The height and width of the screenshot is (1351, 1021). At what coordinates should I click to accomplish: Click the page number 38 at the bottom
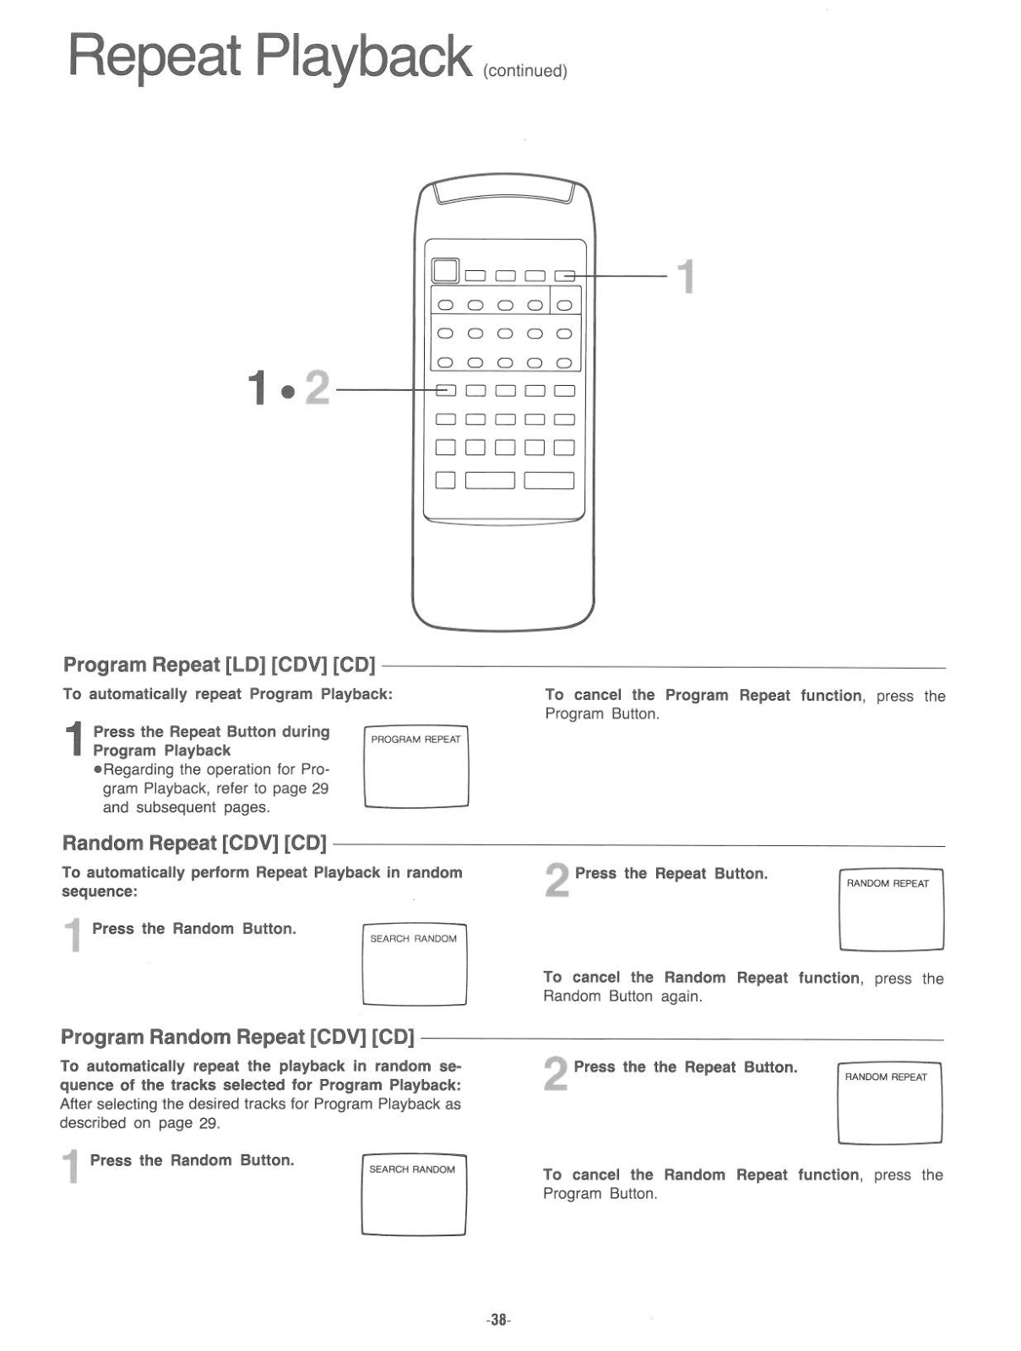pyautogui.click(x=498, y=1320)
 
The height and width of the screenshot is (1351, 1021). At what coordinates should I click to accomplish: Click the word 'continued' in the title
pyautogui.click(x=524, y=71)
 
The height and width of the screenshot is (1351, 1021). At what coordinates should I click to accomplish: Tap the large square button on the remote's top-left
pyautogui.click(x=445, y=270)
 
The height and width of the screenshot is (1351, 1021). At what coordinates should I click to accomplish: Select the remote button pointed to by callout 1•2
pyautogui.click(x=446, y=390)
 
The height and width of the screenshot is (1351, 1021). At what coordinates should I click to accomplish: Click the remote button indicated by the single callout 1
pyautogui.click(x=564, y=274)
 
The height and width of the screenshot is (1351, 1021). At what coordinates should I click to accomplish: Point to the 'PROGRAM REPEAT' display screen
pyautogui.click(x=415, y=767)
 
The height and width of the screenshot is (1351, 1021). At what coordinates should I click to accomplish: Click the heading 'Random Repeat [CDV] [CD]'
pyautogui.click(x=194, y=844)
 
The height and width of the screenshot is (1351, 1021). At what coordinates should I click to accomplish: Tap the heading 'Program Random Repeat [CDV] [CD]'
pyautogui.click(x=237, y=1037)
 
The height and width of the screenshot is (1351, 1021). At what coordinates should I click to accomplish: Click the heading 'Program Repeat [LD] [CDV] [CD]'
pyautogui.click(x=219, y=665)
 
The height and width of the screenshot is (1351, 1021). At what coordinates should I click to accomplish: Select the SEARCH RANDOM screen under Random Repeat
pyautogui.click(x=414, y=964)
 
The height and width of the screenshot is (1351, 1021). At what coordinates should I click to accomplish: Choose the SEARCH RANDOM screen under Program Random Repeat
pyautogui.click(x=413, y=1195)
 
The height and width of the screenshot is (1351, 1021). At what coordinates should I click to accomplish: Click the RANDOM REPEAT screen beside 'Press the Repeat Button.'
pyautogui.click(x=891, y=910)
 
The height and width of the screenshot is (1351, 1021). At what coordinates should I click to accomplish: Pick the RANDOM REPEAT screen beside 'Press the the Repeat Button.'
pyautogui.click(x=889, y=1104)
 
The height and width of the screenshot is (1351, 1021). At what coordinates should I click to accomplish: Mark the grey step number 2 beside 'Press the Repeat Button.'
pyautogui.click(x=557, y=882)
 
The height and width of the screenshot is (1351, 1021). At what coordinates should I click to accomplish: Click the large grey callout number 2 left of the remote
pyautogui.click(x=317, y=388)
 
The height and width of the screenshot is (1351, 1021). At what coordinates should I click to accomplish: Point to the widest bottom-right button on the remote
pyautogui.click(x=549, y=480)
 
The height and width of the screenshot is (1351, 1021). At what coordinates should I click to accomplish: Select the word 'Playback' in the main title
pyautogui.click(x=364, y=56)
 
